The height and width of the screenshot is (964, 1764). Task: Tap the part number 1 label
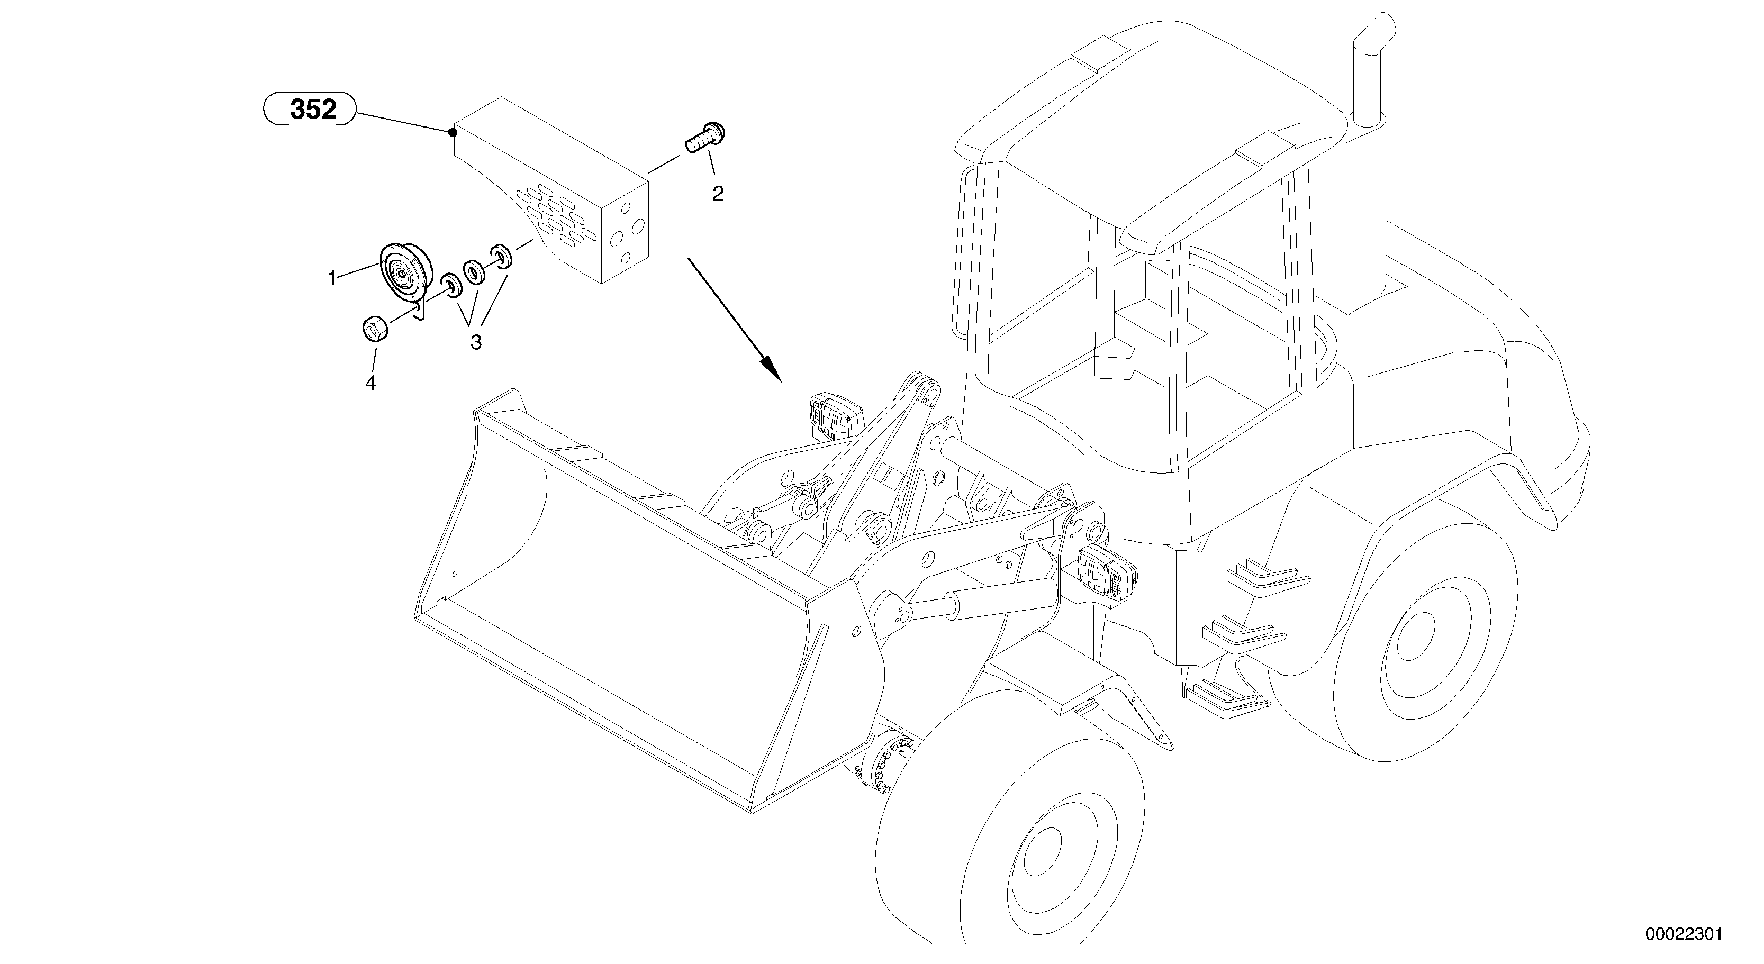point(332,279)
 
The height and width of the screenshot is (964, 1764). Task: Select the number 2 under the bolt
point(717,194)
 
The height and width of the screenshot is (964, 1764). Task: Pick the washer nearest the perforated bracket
point(501,256)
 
